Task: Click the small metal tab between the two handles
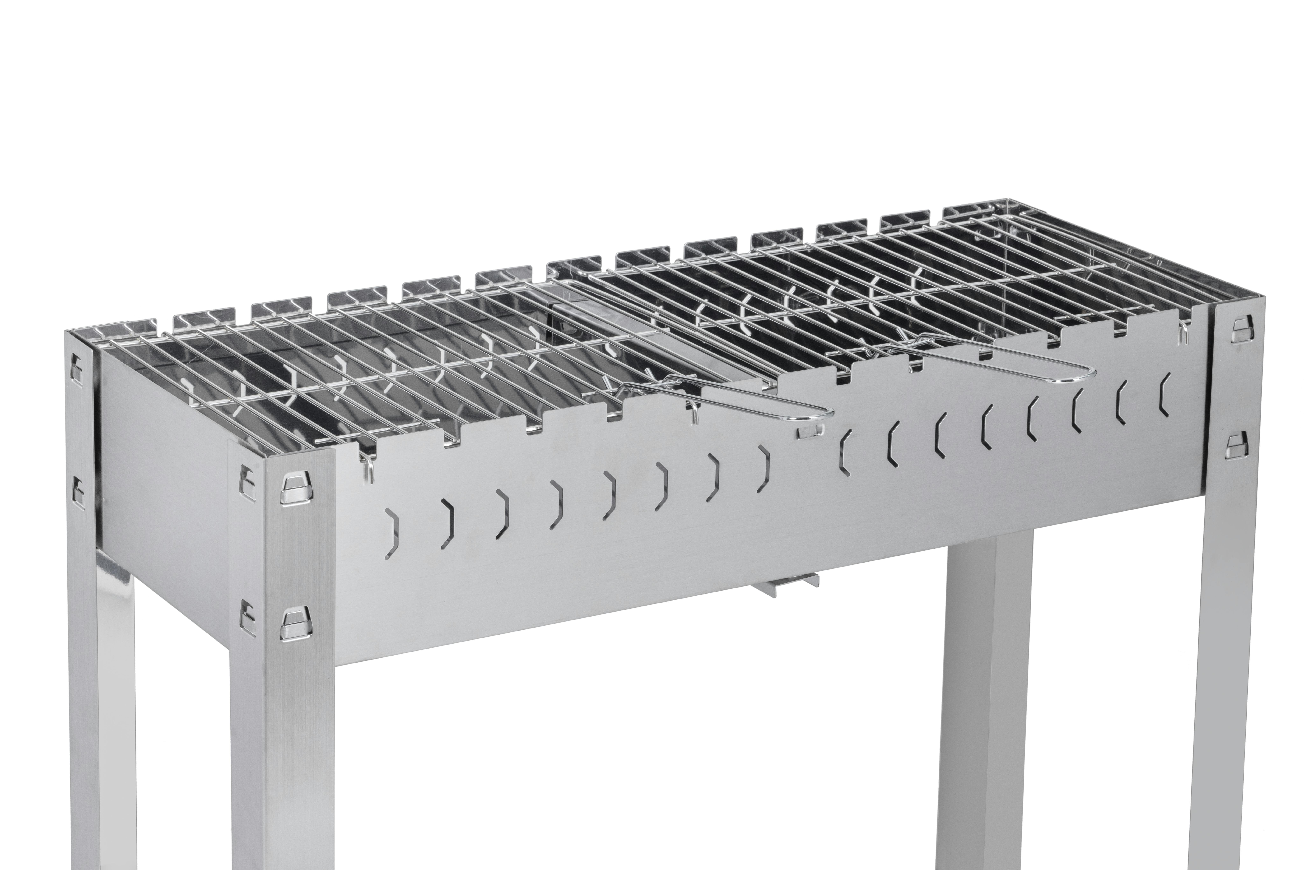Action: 810,433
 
